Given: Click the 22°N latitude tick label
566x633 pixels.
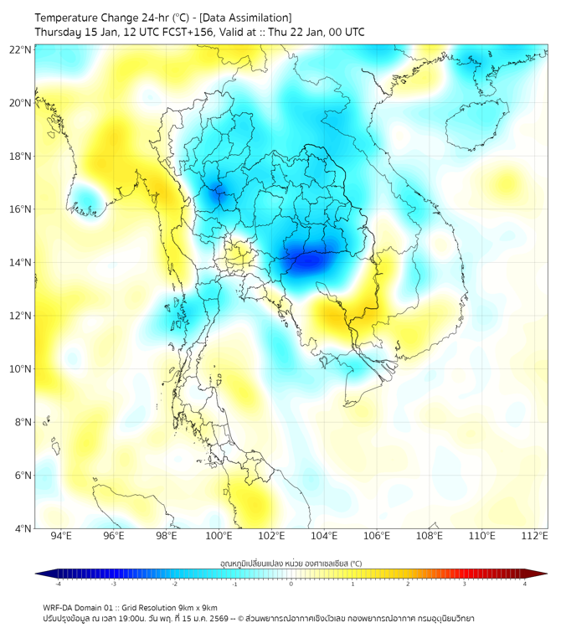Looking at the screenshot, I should (21, 49).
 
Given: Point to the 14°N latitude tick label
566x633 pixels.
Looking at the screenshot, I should (21, 263).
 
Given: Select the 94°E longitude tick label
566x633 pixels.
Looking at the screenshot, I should (61, 536).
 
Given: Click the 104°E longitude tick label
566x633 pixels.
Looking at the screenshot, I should (324, 536).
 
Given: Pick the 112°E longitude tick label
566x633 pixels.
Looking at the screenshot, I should (534, 536).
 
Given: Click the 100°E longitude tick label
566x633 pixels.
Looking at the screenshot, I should (219, 536).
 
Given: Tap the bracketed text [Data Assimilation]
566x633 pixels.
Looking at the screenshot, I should (248, 18).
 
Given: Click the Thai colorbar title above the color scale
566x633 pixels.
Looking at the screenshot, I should (291, 563).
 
